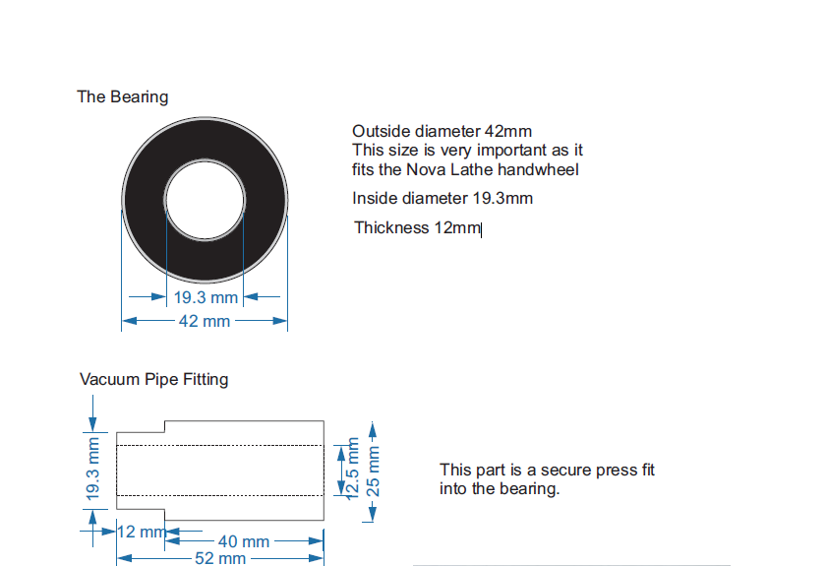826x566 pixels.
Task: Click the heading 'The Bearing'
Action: click(x=123, y=97)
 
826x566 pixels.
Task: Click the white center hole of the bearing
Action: click(x=205, y=200)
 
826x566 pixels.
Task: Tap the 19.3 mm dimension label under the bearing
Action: click(x=206, y=297)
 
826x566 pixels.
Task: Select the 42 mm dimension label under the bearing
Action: click(x=205, y=321)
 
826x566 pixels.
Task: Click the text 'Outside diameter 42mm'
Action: click(x=442, y=131)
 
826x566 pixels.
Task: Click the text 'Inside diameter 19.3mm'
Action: click(x=442, y=198)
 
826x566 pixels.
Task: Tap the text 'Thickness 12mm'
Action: click(x=417, y=228)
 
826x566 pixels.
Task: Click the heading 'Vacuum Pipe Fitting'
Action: click(x=153, y=380)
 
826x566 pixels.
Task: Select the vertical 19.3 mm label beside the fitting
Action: click(x=92, y=469)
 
